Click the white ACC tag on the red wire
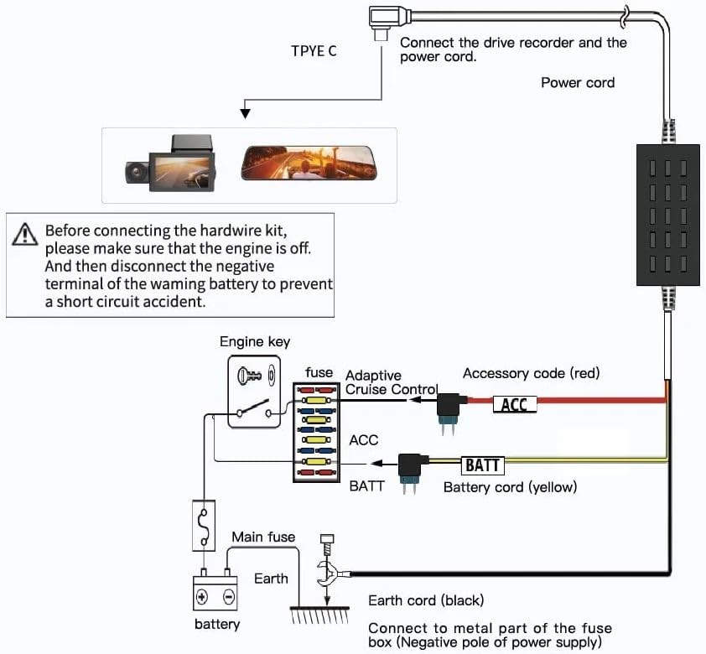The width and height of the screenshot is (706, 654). point(514,404)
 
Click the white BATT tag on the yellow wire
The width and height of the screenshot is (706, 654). point(482,464)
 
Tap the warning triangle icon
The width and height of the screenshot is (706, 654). point(25,234)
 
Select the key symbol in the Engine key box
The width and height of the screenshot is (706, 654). point(252,374)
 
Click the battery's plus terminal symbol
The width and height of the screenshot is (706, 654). point(202,597)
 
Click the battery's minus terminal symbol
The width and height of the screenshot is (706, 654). point(229,597)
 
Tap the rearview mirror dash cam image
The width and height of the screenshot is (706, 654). point(309,163)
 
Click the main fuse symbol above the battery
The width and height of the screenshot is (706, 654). point(204,526)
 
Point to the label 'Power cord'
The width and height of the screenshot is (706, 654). point(577,82)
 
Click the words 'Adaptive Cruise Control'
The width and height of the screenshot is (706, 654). point(391,382)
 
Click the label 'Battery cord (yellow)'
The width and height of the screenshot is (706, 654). point(510,486)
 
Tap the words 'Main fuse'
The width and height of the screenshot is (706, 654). point(263,537)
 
